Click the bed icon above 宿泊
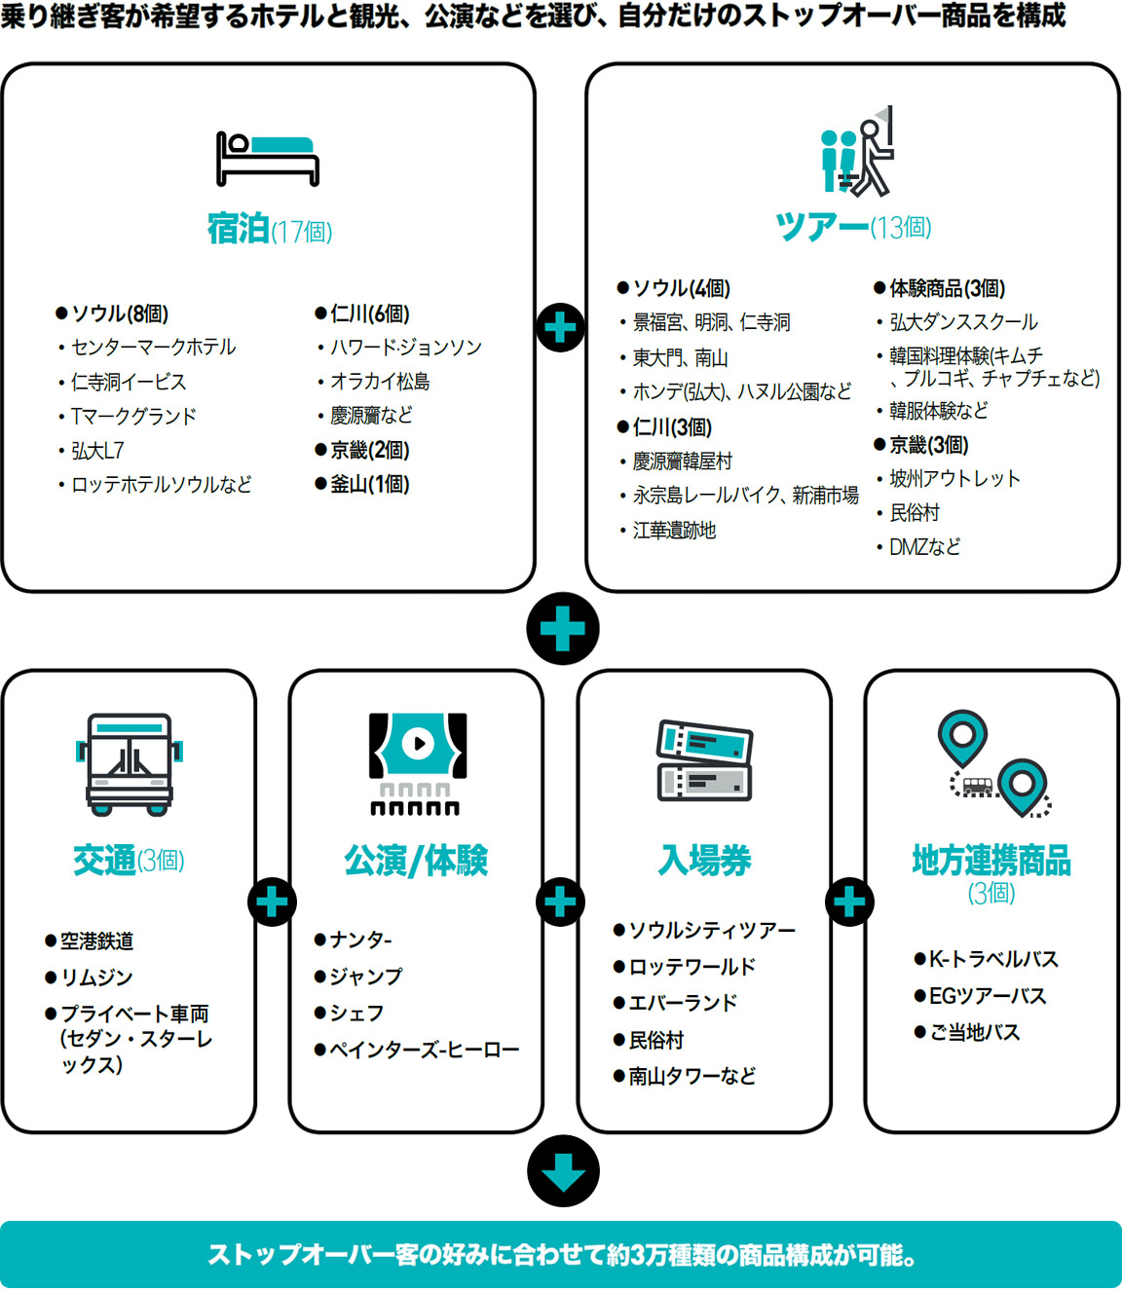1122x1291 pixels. coord(268,158)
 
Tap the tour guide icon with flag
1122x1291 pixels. coord(856,153)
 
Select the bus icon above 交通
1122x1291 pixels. coord(130,763)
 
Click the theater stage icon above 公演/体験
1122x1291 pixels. coord(417,763)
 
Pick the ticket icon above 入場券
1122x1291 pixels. coord(704,760)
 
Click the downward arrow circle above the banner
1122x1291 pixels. coord(563,1170)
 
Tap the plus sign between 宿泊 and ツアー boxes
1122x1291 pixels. coord(561,327)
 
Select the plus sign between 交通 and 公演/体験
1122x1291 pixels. coord(273,903)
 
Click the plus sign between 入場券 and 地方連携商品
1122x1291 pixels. coord(849,903)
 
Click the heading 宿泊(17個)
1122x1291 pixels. coord(269,230)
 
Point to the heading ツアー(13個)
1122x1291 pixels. coord(853,227)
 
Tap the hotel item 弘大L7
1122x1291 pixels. coord(97,451)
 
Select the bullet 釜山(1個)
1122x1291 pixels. coord(369,484)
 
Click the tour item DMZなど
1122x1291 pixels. coord(924,547)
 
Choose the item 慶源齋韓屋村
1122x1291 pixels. coord(682,461)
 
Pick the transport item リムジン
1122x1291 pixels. coord(96,977)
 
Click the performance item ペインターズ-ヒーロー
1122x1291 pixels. coord(424,1050)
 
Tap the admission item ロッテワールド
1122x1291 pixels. coord(692,967)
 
